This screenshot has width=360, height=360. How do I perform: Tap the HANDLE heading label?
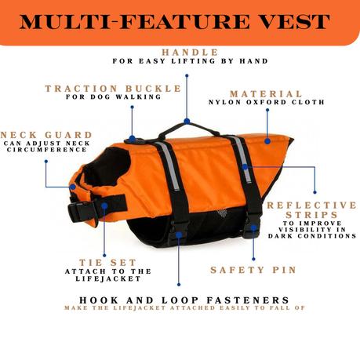(190, 53)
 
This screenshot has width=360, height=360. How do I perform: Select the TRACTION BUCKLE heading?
(113, 89)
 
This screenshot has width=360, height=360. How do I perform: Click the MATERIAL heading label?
(266, 94)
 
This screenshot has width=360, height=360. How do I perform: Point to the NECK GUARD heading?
(46, 135)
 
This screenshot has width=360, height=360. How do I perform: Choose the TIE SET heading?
(107, 263)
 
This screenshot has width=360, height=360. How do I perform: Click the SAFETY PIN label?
(253, 270)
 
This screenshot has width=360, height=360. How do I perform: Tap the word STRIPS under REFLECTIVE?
(311, 215)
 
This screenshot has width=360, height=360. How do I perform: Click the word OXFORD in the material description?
(264, 102)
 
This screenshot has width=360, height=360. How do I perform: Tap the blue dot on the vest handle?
(187, 121)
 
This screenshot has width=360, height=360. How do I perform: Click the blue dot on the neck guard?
(73, 187)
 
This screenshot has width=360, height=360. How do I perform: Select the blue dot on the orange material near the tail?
(267, 141)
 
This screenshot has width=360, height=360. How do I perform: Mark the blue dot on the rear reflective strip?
(245, 167)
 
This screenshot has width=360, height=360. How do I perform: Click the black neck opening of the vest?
(107, 166)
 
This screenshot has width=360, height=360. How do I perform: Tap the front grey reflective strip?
(169, 166)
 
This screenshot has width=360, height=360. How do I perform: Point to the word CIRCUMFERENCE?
(47, 150)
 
